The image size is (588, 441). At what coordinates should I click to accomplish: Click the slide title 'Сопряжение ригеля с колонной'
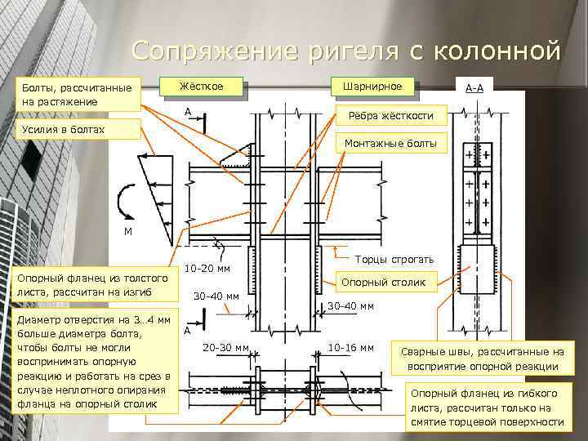tap(346, 51)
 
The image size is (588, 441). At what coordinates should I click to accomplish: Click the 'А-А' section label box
tap(474, 87)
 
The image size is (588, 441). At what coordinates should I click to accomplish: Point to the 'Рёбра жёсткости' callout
tap(391, 115)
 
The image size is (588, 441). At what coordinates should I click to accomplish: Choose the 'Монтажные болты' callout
tap(391, 144)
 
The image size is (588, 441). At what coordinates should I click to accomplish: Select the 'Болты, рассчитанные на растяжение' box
tap(78, 94)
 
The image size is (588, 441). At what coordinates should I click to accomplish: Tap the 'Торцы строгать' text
tap(387, 260)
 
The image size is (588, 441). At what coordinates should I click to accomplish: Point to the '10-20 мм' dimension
tap(207, 269)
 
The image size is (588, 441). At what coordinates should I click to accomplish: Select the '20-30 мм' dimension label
tap(225, 348)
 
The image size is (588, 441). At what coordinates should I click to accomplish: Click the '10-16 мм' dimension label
tap(350, 348)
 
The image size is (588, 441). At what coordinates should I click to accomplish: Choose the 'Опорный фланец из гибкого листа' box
tap(488, 407)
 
